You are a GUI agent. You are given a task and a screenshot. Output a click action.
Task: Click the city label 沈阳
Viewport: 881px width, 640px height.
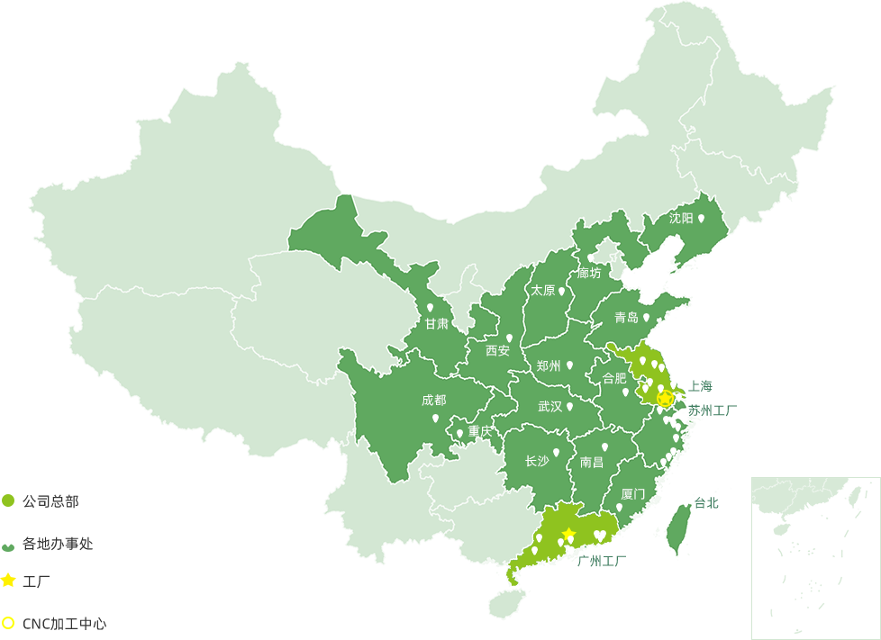[x=681, y=218]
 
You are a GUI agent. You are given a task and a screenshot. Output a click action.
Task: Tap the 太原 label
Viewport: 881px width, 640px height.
[x=542, y=291]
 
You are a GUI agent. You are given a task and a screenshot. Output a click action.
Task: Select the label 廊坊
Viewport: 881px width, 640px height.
[x=589, y=273]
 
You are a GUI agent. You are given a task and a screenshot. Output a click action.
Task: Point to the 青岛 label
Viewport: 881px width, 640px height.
[x=626, y=318]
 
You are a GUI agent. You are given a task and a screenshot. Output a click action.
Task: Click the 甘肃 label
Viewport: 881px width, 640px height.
[x=437, y=324]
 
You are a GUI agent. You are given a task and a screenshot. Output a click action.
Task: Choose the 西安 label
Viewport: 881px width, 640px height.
[x=497, y=350]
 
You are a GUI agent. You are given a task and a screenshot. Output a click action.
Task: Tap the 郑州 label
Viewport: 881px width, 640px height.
[x=548, y=366]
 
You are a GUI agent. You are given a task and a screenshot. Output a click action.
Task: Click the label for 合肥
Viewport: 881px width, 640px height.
[x=614, y=378]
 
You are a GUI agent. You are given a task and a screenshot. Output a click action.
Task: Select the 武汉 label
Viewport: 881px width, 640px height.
[x=549, y=407]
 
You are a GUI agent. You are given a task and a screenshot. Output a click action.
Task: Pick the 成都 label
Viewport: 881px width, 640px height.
[x=433, y=401]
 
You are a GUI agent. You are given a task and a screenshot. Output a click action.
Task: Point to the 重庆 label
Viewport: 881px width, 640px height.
[x=480, y=431]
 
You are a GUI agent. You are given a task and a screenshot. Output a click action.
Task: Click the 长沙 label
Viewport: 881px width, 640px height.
[x=536, y=462]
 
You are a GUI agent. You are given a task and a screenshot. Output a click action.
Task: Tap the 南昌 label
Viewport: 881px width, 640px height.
[x=592, y=463]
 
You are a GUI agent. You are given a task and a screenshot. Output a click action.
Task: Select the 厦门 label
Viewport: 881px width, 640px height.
[x=633, y=494]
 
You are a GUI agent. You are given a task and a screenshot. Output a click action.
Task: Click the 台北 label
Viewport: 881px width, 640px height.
[x=707, y=503]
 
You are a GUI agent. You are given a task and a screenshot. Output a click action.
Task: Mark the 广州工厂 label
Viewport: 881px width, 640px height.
[x=602, y=561]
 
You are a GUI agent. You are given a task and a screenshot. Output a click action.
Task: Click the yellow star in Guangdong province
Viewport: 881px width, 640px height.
[x=568, y=534]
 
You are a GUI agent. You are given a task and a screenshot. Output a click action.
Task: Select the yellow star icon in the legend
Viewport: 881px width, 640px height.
[x=8, y=581]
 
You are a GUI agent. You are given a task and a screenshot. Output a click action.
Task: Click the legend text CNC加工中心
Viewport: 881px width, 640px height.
[x=64, y=623]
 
